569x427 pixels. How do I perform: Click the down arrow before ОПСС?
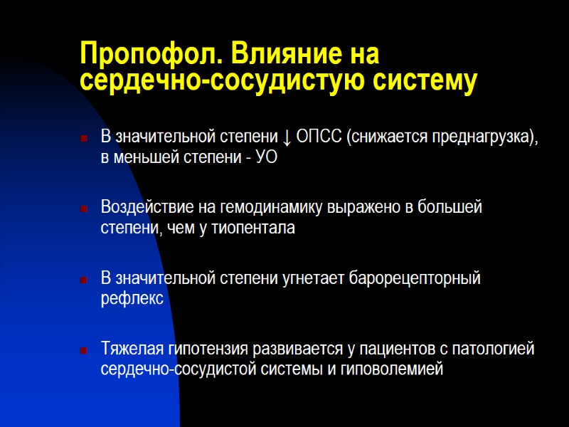(x=285, y=137)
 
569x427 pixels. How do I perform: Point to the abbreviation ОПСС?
(x=319, y=137)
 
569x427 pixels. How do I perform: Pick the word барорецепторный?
(x=415, y=278)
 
